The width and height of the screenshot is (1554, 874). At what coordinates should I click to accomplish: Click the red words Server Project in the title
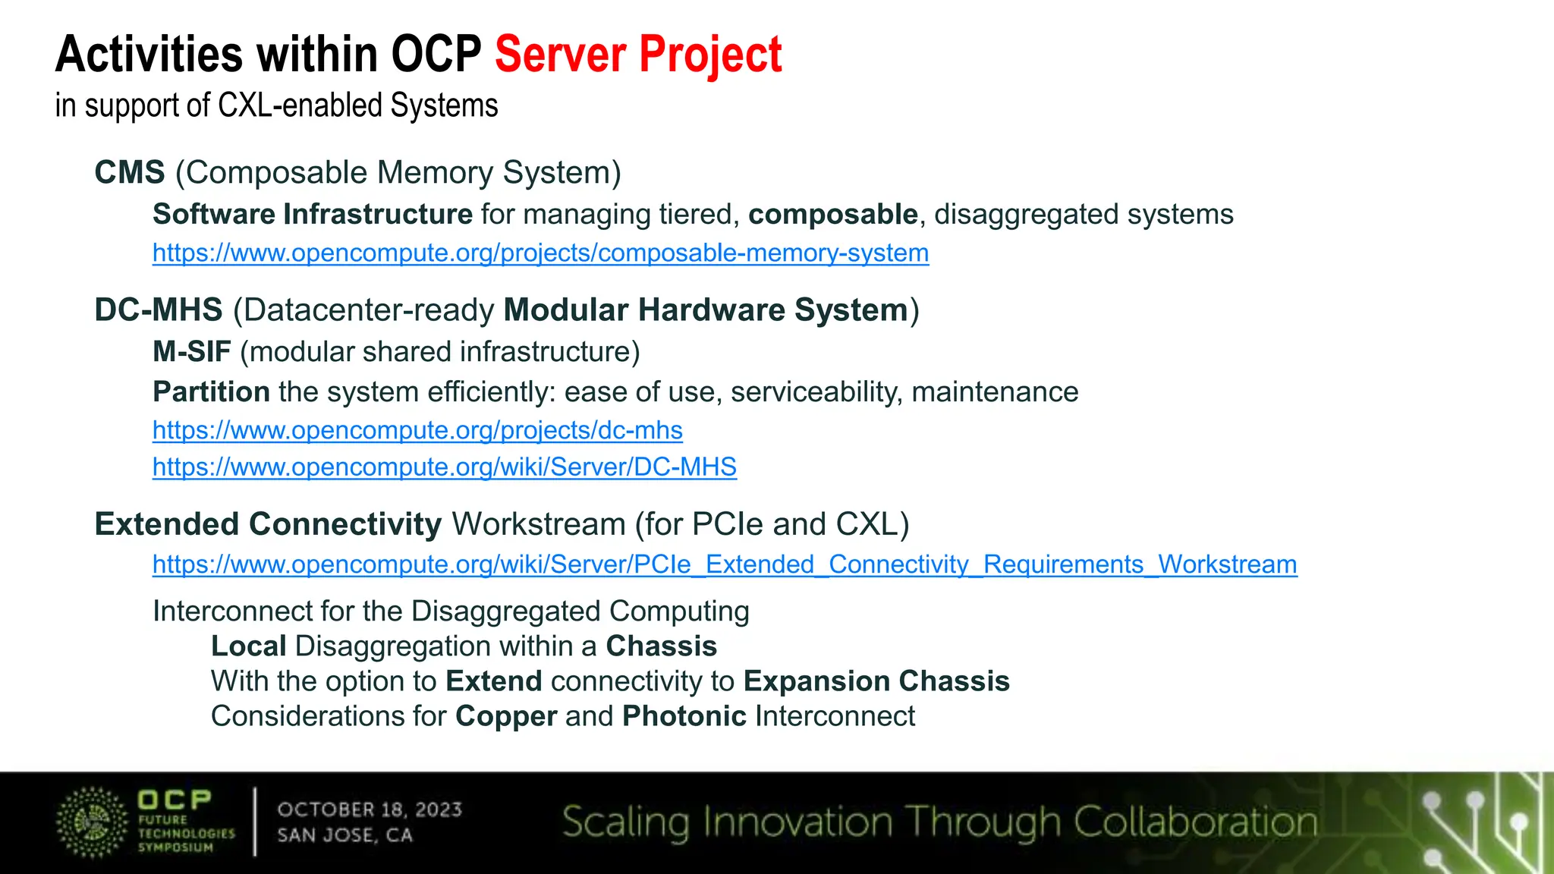click(x=637, y=55)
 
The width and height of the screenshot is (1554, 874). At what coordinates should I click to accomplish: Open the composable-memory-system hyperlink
click(x=540, y=253)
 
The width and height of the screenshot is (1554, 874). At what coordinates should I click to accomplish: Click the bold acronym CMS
click(x=130, y=173)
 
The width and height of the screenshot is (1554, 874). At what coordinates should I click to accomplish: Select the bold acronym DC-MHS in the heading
click(x=159, y=310)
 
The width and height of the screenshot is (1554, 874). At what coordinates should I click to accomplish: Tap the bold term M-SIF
click(x=192, y=352)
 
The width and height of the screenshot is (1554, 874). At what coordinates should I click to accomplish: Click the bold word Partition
click(x=211, y=392)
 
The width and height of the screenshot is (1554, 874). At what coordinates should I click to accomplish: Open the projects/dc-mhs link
click(x=417, y=430)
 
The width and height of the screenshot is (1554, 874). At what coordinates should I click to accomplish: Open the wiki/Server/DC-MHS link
click(x=444, y=467)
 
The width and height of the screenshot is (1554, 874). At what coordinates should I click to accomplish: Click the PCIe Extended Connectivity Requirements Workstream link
click(x=724, y=564)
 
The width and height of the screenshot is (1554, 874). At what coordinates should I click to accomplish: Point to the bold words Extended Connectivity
click(x=268, y=524)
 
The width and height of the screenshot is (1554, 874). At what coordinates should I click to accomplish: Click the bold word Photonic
click(x=684, y=716)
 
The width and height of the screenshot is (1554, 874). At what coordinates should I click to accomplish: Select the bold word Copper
click(x=506, y=716)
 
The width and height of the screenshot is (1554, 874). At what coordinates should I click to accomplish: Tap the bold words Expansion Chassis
click(x=876, y=681)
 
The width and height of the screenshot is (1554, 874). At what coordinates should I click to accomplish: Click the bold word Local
click(x=248, y=646)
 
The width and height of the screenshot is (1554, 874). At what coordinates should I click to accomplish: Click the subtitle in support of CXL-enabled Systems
click(x=276, y=105)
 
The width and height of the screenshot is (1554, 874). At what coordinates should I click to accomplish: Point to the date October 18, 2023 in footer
click(x=370, y=810)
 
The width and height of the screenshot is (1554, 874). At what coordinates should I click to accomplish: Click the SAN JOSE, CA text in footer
click(x=344, y=835)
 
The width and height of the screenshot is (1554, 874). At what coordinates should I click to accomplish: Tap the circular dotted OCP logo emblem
click(x=92, y=822)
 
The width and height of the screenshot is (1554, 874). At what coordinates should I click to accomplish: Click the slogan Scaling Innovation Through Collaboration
click(x=939, y=822)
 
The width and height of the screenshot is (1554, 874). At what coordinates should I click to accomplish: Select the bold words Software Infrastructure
click(x=313, y=215)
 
